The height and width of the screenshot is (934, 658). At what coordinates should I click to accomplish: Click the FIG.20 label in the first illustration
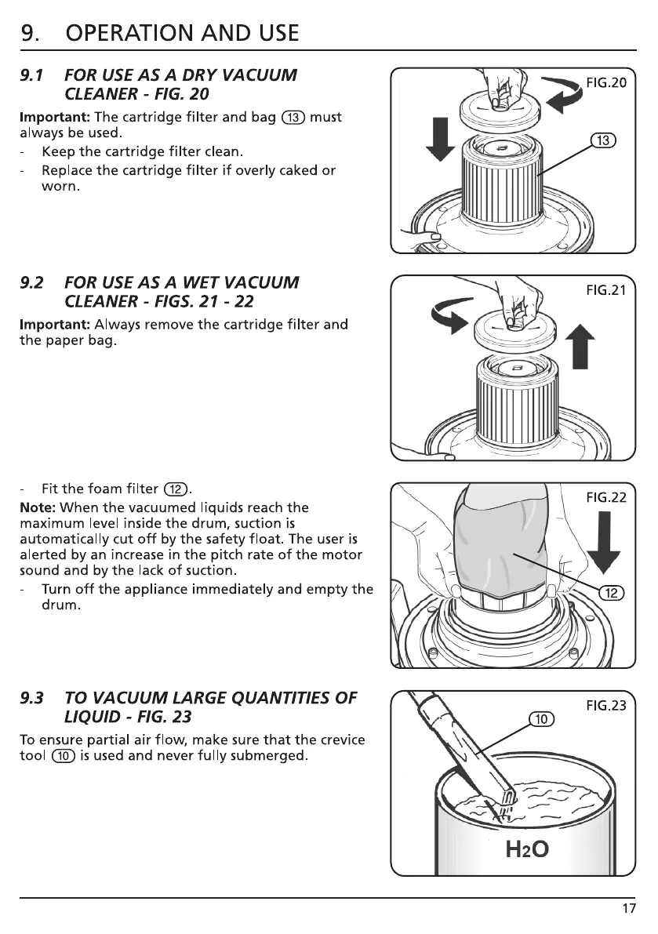[x=606, y=84]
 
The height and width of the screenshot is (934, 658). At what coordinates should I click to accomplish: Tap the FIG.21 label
[x=606, y=291]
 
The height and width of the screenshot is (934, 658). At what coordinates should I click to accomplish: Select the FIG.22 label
[x=606, y=497]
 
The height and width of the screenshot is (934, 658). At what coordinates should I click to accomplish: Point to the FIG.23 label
[x=606, y=705]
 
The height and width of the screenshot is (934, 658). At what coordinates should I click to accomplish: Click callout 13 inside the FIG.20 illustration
[x=603, y=141]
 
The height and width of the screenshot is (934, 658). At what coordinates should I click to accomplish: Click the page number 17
[x=629, y=909]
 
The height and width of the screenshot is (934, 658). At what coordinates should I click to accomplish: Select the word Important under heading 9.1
[x=53, y=118]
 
